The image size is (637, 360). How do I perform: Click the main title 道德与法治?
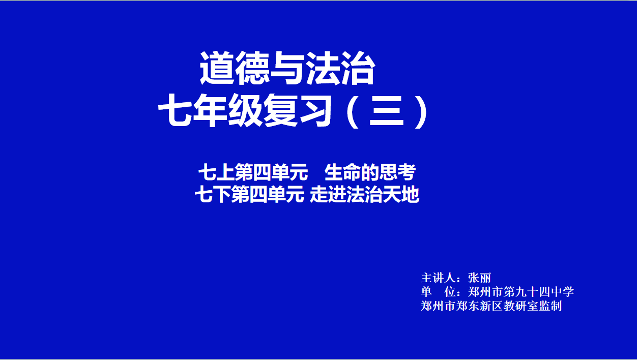click(x=287, y=68)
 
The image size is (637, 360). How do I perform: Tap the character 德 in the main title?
click(x=252, y=68)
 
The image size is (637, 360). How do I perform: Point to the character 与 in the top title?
click(x=287, y=68)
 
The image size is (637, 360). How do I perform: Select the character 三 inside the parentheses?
click(x=387, y=111)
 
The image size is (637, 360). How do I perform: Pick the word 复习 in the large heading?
click(x=298, y=111)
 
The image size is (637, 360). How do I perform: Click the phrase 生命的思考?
click(x=370, y=172)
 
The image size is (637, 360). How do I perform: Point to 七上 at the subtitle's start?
click(x=216, y=172)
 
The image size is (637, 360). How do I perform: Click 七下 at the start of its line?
click(x=213, y=195)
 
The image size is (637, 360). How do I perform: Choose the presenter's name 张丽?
click(x=479, y=278)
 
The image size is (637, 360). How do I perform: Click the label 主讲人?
click(x=438, y=278)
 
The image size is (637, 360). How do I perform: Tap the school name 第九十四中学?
click(x=539, y=292)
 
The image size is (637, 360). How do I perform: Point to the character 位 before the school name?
click(x=450, y=292)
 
